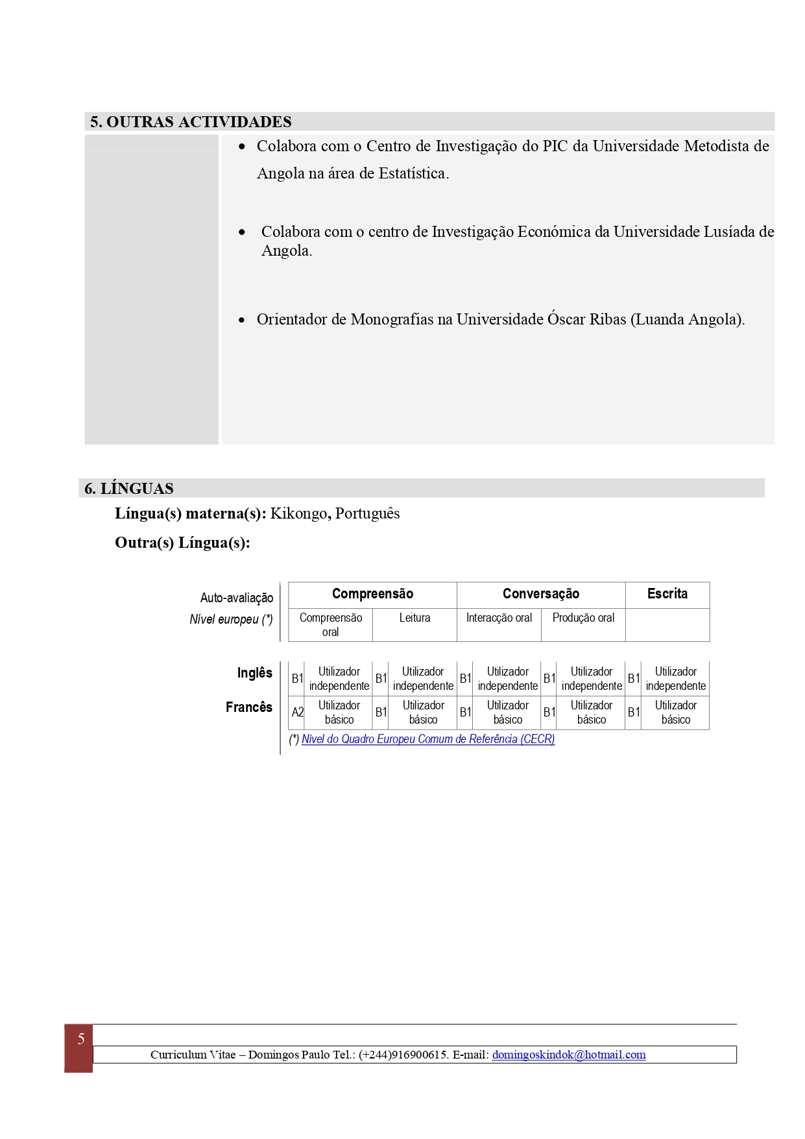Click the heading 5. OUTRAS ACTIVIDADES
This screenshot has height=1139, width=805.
pyautogui.click(x=191, y=122)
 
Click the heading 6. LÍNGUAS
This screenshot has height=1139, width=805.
pyautogui.click(x=129, y=489)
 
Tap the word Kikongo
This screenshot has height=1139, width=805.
pyautogui.click(x=299, y=513)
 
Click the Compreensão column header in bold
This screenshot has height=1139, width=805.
pyautogui.click(x=372, y=594)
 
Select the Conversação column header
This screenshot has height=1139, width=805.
pyautogui.click(x=540, y=594)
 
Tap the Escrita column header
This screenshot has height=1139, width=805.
pyautogui.click(x=667, y=594)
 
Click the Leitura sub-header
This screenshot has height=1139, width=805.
pyautogui.click(x=415, y=618)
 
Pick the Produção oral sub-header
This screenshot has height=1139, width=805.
pyautogui.click(x=583, y=618)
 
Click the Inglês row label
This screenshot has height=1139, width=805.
pyautogui.click(x=254, y=673)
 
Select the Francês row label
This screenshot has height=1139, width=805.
pyautogui.click(x=249, y=707)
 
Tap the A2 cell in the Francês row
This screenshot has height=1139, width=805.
pyautogui.click(x=297, y=713)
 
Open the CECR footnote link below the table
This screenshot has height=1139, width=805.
pyautogui.click(x=428, y=739)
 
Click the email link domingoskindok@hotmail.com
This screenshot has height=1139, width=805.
pyautogui.click(x=569, y=1055)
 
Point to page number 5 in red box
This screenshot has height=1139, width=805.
pyautogui.click(x=80, y=1039)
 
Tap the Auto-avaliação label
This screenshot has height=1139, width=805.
pyautogui.click(x=237, y=598)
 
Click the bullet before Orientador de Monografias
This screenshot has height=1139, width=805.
pyautogui.click(x=242, y=320)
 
